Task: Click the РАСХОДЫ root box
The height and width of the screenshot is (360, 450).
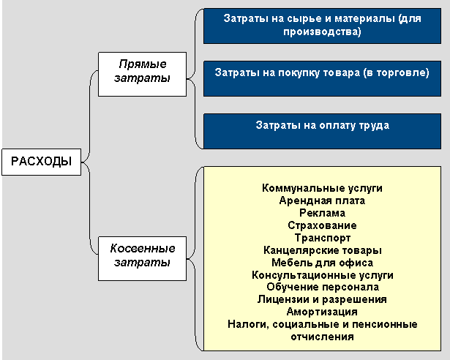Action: click(42, 162)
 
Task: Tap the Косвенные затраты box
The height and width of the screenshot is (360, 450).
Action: click(143, 255)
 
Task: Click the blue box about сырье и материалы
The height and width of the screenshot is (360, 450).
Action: click(322, 26)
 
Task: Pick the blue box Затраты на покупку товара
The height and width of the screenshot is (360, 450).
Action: click(322, 79)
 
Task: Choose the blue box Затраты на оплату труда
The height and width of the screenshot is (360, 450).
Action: click(322, 131)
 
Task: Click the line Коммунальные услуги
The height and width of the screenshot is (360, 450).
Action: click(322, 188)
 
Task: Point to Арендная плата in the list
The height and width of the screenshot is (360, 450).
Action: click(322, 200)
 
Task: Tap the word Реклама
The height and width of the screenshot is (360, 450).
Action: click(322, 213)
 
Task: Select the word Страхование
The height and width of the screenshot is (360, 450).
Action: click(322, 225)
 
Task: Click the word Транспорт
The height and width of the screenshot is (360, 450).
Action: click(322, 238)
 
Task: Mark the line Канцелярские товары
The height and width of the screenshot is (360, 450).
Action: click(322, 250)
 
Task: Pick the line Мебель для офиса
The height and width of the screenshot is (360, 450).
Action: click(322, 263)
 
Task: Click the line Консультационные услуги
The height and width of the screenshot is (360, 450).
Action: click(322, 275)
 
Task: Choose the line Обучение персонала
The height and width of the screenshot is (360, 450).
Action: click(322, 288)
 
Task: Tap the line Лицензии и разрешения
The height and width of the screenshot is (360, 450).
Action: click(322, 299)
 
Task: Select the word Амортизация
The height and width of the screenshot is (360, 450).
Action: click(322, 312)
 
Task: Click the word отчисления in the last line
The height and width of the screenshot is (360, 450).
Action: click(322, 337)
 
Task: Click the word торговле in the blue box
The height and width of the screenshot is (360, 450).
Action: click(400, 72)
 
